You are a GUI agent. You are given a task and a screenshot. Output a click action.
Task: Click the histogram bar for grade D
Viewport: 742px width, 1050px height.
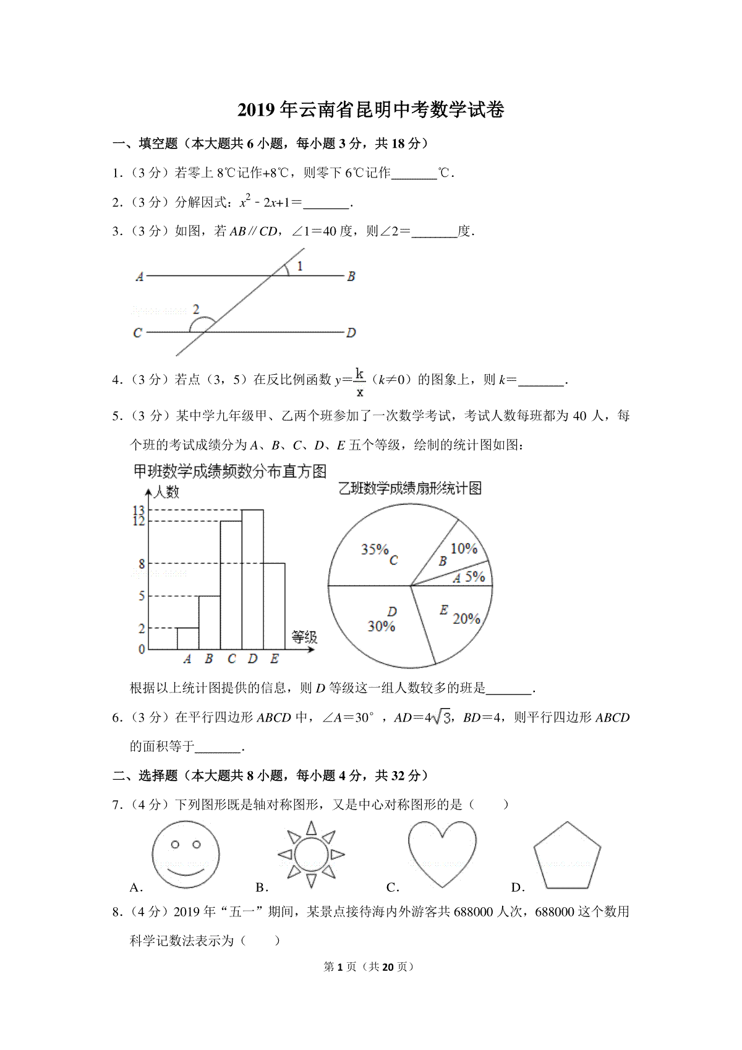click(252, 579)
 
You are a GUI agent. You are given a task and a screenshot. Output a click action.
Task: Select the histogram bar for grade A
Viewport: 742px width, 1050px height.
click(188, 639)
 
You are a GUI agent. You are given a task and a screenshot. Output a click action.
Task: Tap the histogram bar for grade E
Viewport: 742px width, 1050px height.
click(274, 606)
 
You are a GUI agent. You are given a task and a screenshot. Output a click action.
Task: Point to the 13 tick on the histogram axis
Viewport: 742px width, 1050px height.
click(139, 510)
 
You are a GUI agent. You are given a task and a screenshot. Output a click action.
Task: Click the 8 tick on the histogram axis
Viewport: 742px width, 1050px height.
click(142, 563)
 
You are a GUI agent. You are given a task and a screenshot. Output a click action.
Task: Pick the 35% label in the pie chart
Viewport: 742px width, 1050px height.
click(374, 549)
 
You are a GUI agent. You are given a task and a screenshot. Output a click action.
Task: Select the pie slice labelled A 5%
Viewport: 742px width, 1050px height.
click(470, 576)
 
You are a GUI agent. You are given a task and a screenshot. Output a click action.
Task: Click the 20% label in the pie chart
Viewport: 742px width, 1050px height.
click(466, 618)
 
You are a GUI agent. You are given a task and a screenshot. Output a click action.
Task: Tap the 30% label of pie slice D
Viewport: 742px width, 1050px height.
click(381, 626)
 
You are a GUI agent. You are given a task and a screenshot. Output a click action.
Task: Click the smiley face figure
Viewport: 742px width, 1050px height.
click(185, 854)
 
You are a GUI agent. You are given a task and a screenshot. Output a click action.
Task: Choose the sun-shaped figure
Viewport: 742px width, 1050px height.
click(311, 855)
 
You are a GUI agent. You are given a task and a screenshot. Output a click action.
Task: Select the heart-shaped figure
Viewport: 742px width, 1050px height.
click(442, 852)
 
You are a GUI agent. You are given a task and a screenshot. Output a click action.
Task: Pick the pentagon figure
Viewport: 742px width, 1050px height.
click(567, 856)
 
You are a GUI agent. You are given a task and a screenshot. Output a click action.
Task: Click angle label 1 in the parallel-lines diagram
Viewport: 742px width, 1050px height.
click(300, 267)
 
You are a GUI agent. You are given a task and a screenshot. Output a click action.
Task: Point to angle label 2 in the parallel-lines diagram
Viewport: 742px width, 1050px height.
click(196, 309)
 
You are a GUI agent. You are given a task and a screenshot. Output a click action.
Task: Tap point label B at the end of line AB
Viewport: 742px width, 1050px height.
click(351, 276)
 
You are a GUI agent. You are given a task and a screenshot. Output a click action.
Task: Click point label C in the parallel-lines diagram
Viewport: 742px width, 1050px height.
click(137, 333)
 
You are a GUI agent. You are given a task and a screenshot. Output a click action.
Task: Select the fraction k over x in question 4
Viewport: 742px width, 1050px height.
click(360, 382)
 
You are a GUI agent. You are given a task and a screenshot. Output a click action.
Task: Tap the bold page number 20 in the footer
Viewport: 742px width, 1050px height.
click(388, 967)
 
